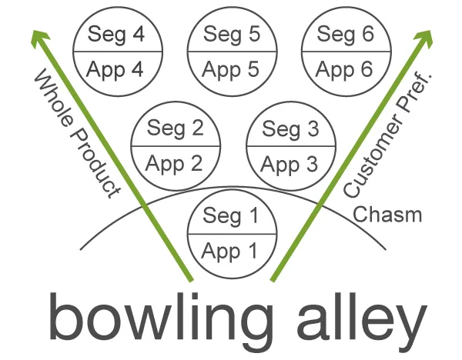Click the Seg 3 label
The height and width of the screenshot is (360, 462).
click(x=290, y=129)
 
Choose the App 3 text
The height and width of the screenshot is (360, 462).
click(x=289, y=165)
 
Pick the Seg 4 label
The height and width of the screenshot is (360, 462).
click(x=116, y=35)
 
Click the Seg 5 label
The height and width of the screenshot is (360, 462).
click(x=232, y=35)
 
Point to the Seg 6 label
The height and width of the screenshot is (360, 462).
click(x=345, y=35)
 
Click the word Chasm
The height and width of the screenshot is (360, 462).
click(x=387, y=215)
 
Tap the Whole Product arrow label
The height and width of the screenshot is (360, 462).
click(x=77, y=133)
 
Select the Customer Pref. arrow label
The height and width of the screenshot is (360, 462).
click(x=387, y=134)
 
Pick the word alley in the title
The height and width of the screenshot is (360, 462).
click(x=362, y=318)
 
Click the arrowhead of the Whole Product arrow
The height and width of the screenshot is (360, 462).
click(x=39, y=38)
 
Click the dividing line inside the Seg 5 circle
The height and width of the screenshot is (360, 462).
click(x=233, y=52)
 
